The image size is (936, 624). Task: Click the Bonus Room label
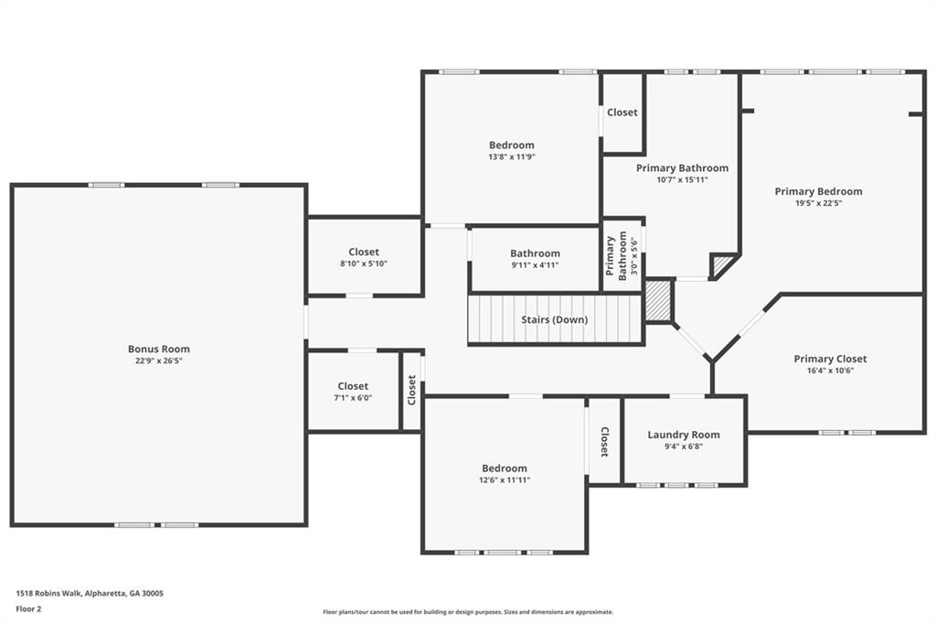(x=159, y=349)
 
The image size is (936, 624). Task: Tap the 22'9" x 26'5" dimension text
(x=159, y=360)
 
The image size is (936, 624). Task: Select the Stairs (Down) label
(x=554, y=319)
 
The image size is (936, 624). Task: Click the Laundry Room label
(x=684, y=435)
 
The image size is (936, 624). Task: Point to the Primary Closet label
(x=830, y=359)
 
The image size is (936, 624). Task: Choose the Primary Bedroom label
(x=818, y=191)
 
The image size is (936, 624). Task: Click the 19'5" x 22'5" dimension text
(x=818, y=203)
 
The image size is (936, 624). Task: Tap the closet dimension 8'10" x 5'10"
(x=364, y=264)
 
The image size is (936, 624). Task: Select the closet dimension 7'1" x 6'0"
(x=353, y=398)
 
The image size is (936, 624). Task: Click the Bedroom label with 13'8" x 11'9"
(x=511, y=145)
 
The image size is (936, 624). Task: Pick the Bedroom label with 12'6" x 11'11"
(x=505, y=468)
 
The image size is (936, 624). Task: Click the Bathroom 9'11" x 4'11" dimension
(x=535, y=265)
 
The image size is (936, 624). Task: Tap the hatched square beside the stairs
(x=658, y=301)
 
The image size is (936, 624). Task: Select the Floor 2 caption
(x=28, y=608)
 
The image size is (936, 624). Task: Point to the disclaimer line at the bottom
(x=467, y=612)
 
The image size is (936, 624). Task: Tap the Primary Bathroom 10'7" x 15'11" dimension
(x=682, y=179)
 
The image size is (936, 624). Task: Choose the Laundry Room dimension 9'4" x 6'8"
(x=684, y=446)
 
